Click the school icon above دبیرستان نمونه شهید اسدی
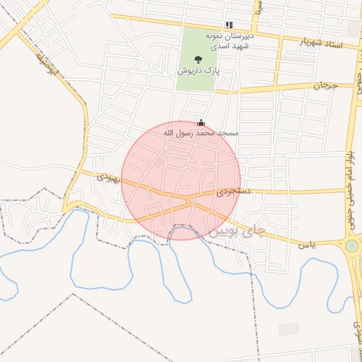pos(228,25)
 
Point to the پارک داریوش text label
pos(197,71)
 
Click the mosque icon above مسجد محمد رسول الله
pos(202,122)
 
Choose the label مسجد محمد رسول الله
pos(202,132)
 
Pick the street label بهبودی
pos(112,179)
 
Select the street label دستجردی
pos(233,192)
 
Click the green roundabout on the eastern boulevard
pos(351,246)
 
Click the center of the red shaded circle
pos(181,180)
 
